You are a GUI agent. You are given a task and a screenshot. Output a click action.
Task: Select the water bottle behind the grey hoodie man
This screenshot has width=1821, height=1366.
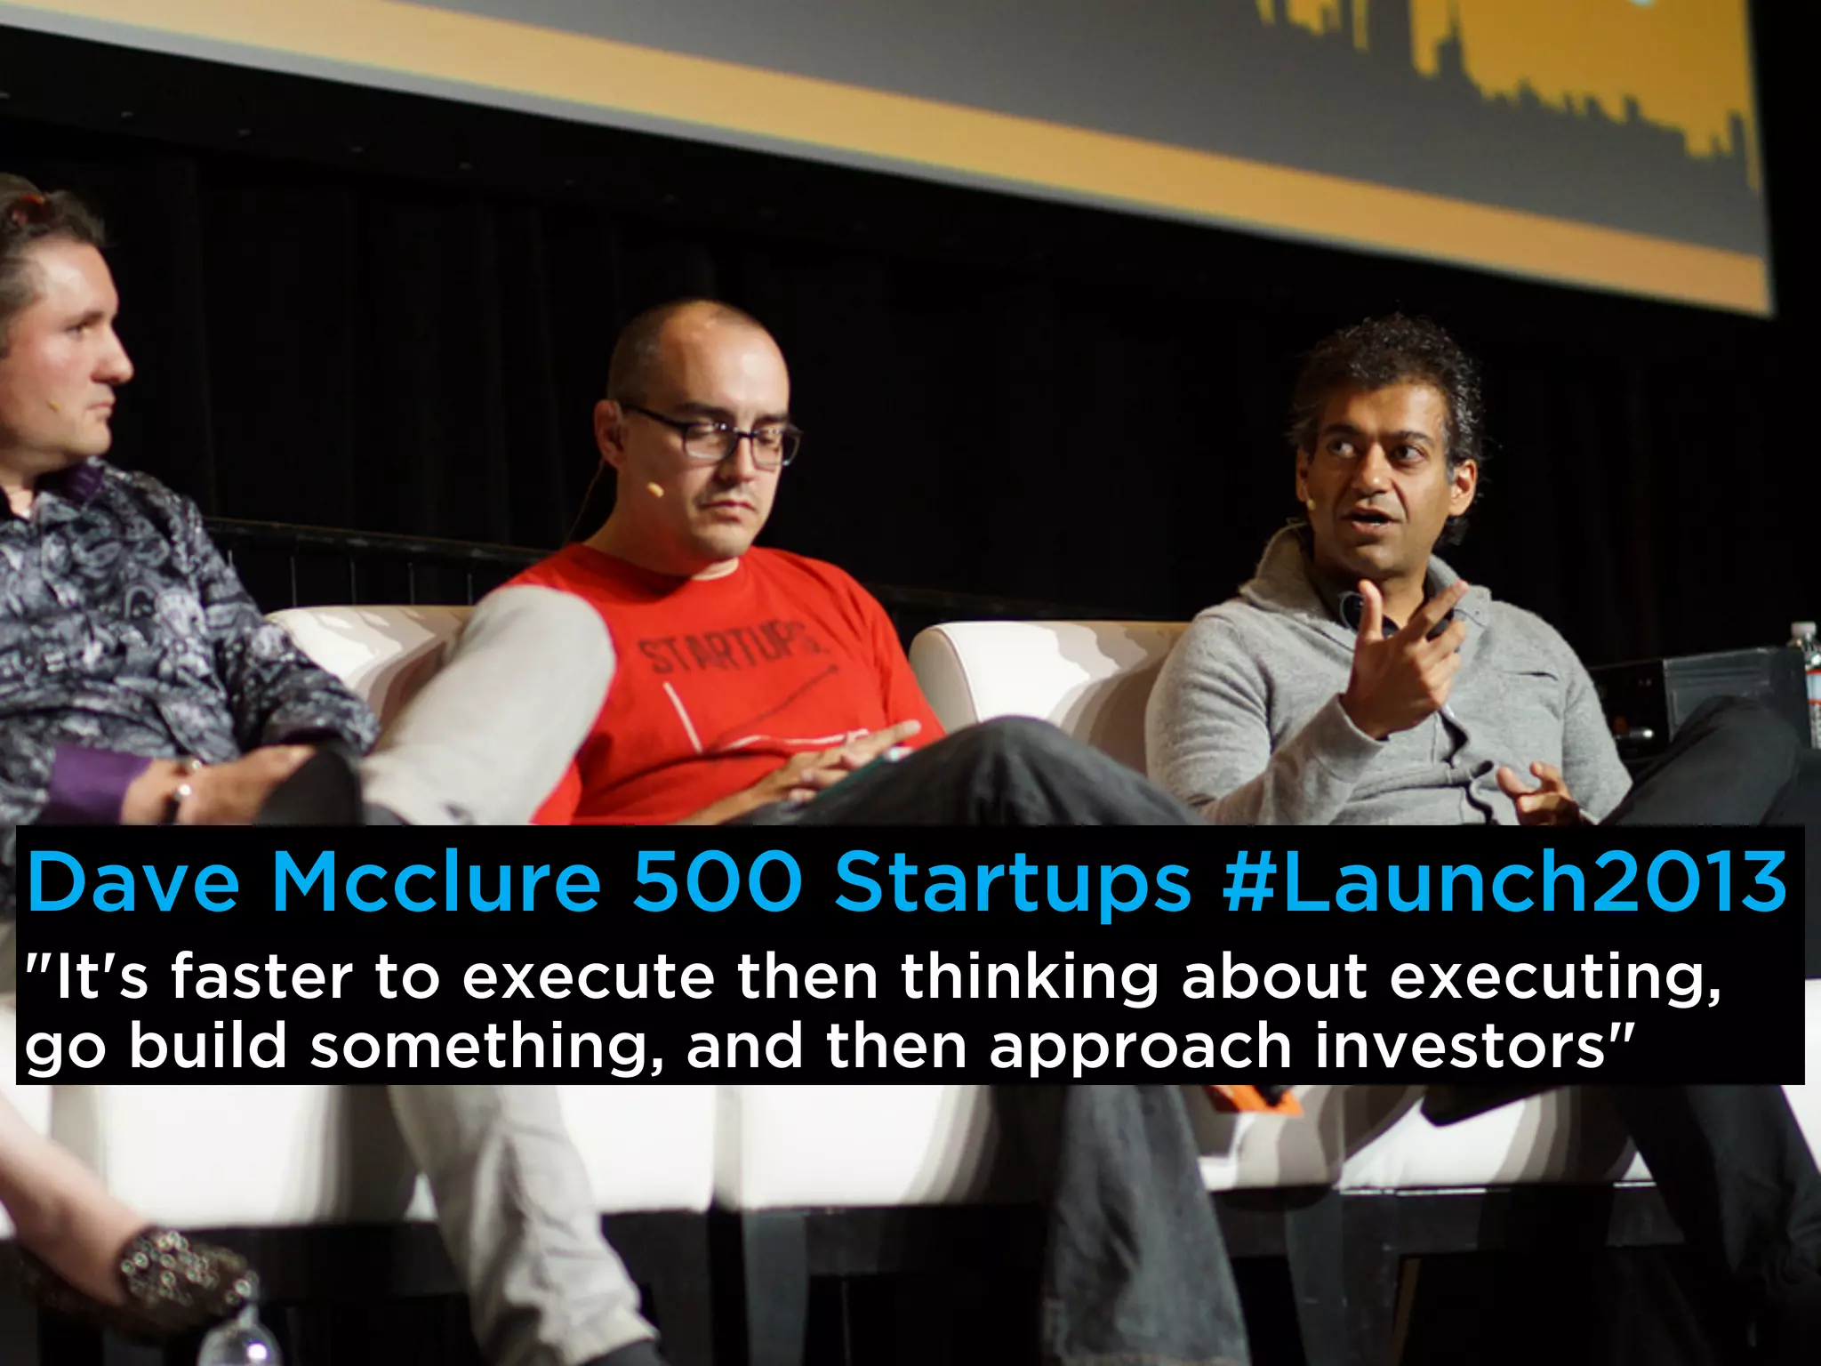1805,676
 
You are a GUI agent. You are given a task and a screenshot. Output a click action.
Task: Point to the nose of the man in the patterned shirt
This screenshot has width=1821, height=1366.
120,360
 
